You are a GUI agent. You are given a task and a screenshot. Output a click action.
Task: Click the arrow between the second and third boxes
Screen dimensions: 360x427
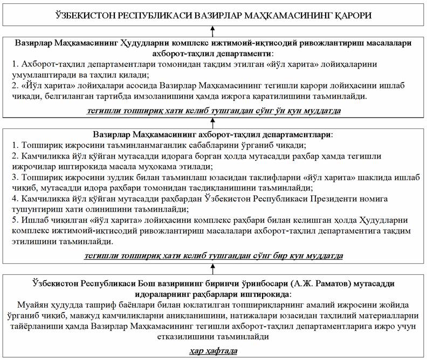pos(214,123)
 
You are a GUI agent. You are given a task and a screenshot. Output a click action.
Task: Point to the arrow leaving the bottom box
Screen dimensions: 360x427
pos(214,268)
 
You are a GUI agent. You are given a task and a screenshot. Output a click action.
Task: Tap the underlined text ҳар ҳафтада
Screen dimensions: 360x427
pos(214,352)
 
